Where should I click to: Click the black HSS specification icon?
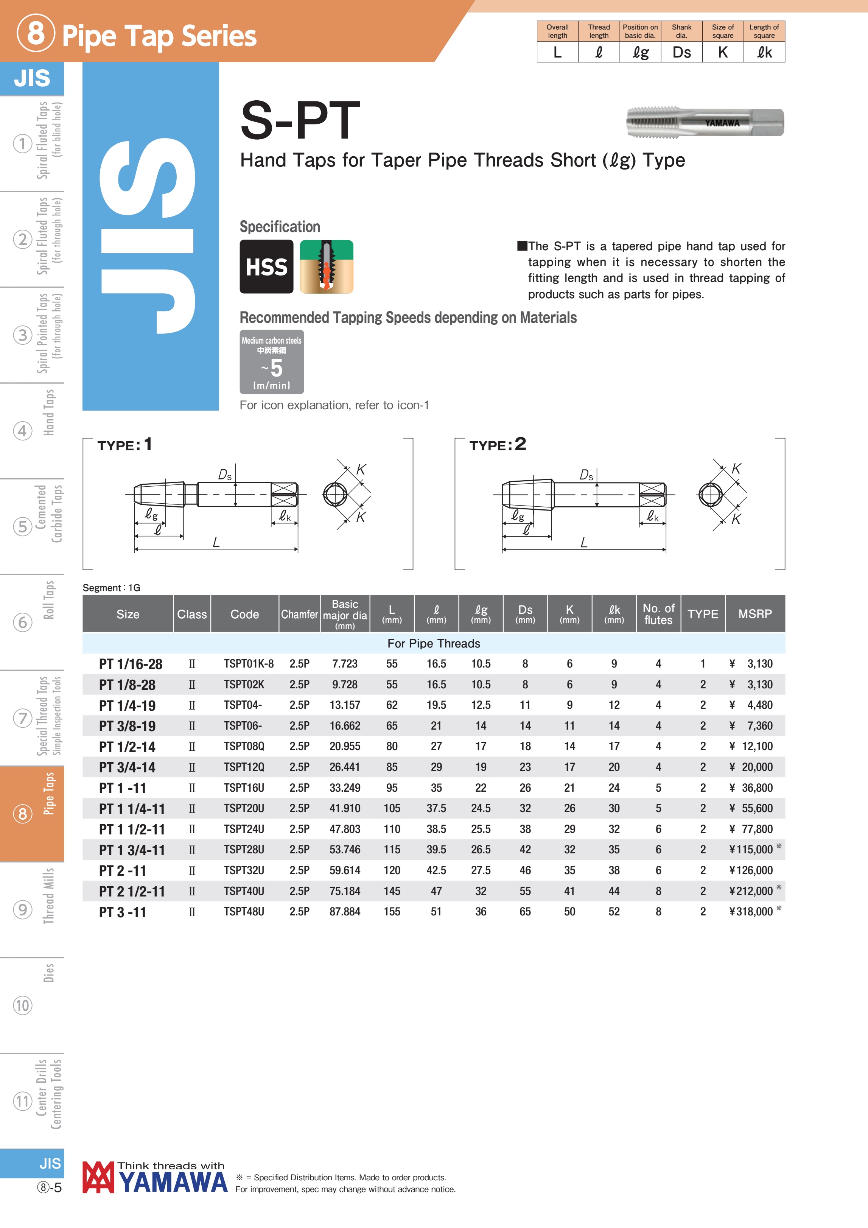click(x=266, y=266)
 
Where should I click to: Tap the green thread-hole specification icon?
click(x=326, y=266)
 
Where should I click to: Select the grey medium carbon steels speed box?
click(x=272, y=362)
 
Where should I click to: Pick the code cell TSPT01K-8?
click(x=249, y=664)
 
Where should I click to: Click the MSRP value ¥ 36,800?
click(x=751, y=788)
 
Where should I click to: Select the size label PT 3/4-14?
click(x=127, y=767)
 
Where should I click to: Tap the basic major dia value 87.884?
click(x=345, y=912)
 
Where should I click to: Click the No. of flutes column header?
click(x=658, y=614)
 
